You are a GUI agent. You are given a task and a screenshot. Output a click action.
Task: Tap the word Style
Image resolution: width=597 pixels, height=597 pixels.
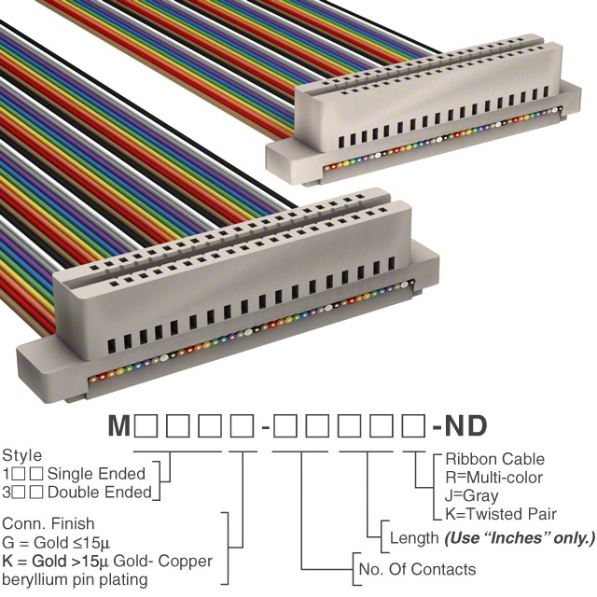tap(22, 456)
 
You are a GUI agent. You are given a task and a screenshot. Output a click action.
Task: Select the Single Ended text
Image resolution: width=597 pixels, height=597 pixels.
tap(96, 474)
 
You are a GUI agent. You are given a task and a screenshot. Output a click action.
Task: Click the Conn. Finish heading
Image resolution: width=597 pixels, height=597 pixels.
tap(48, 524)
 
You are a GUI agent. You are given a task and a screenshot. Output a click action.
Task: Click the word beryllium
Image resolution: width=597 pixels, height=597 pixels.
tap(37, 579)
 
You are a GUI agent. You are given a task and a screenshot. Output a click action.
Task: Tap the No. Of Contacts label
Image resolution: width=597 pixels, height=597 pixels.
tap(416, 569)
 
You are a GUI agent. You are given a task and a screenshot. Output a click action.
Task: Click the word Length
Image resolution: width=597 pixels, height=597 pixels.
tap(413, 538)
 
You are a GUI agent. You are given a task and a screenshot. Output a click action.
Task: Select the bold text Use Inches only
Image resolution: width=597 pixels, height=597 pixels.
tap(519, 538)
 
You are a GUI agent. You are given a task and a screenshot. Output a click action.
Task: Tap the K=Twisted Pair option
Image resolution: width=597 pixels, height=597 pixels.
tap(501, 514)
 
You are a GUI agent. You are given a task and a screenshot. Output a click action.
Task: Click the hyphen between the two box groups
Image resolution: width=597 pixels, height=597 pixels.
tap(267, 427)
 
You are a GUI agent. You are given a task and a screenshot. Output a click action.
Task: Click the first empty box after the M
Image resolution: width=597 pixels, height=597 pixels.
tap(146, 426)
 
